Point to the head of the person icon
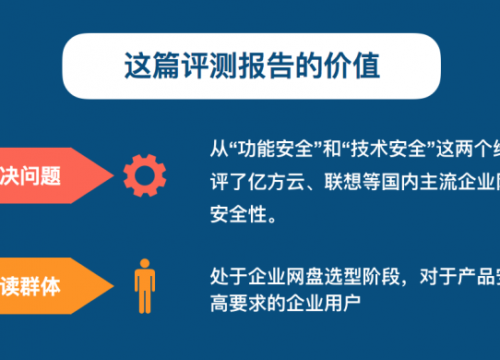pyautogui.click(x=145, y=263)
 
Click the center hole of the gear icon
pyautogui.click(x=144, y=174)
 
